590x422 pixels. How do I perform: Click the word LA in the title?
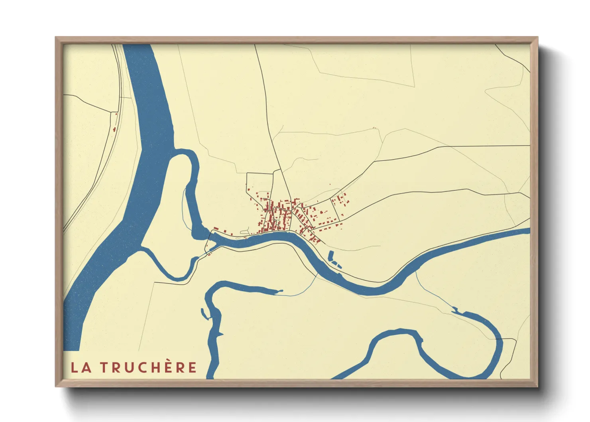pos(81,367)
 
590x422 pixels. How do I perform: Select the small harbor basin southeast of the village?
pos(334,260)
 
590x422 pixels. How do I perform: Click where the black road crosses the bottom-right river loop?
pos(498,339)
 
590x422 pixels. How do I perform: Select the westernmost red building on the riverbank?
pos(216,229)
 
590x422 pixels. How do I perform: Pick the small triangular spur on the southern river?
pos(221,334)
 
